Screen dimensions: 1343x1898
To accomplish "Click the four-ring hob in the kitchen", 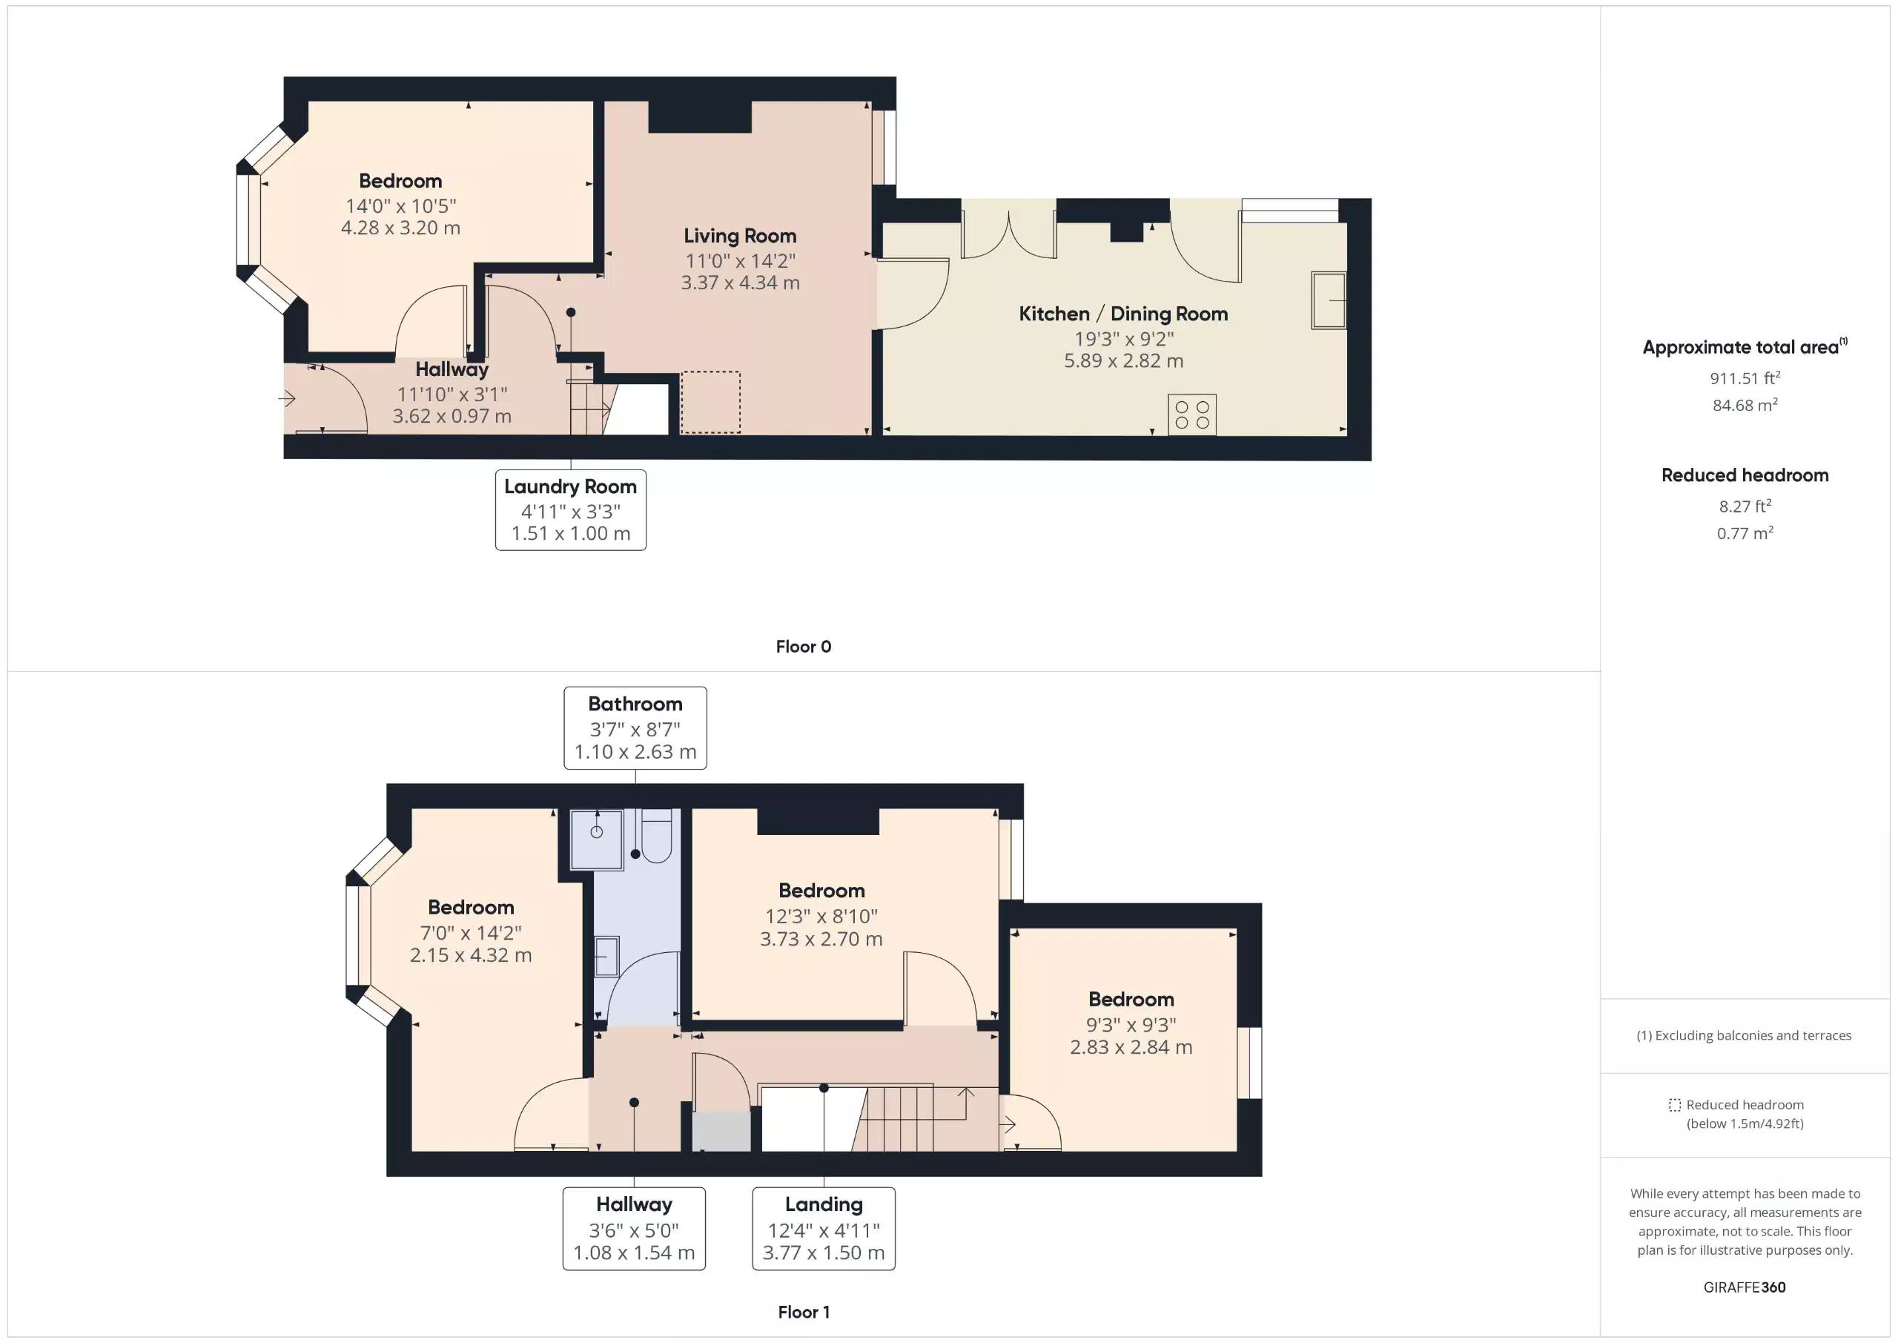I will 1191,415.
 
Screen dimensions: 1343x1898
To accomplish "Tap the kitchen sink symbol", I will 1328,300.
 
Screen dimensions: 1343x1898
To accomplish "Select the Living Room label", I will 739,237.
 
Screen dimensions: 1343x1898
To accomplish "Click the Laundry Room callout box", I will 570,509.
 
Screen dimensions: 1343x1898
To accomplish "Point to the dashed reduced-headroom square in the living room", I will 710,402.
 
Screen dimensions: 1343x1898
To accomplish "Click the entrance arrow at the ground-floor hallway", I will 287,400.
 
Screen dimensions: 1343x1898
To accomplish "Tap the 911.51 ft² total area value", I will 1745,379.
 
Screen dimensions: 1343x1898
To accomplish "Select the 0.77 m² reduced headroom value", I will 1745,533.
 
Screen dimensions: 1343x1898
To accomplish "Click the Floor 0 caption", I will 803,647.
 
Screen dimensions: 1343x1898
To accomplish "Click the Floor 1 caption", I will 803,1312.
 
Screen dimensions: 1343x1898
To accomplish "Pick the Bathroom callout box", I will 635,727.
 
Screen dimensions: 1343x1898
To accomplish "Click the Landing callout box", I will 824,1228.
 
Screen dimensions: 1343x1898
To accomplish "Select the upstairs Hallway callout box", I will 634,1228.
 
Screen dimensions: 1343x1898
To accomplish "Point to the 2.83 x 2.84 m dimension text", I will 1131,1047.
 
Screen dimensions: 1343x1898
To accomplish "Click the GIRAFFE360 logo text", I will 1745,1287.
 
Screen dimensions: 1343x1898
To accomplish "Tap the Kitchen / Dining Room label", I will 1122,314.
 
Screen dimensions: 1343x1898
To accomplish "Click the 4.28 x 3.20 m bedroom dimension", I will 400,228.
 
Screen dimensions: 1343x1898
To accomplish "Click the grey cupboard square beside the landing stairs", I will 721,1132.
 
